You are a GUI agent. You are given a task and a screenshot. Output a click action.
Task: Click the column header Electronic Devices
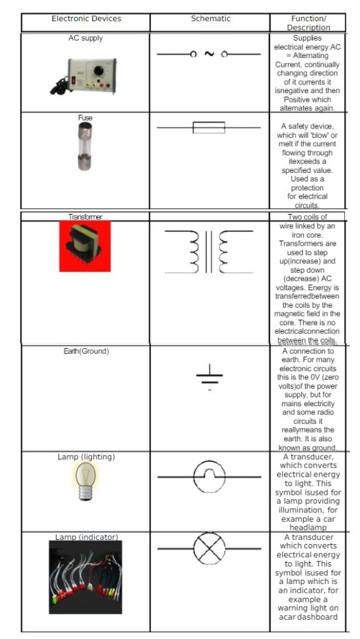86,19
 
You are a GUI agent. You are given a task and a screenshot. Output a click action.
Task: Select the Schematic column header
210,19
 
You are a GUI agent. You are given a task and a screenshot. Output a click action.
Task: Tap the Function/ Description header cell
308,23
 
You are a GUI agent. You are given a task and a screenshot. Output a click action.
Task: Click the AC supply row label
85,39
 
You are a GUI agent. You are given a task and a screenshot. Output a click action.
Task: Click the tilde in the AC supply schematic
209,54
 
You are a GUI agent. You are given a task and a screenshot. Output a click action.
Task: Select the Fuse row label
85,117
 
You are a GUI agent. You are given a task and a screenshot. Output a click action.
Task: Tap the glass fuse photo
85,147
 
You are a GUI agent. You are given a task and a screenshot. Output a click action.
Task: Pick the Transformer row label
85,217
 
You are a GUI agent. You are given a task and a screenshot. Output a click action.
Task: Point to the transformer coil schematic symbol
209,251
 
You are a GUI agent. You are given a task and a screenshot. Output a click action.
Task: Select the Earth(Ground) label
86,351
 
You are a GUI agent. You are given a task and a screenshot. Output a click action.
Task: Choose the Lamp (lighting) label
86,457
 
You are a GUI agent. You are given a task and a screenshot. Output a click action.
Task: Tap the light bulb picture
85,482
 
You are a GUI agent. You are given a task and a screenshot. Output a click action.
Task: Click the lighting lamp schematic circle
209,477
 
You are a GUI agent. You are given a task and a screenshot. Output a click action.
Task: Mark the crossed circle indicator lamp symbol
210,549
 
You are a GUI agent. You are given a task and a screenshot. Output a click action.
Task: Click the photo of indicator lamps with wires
85,577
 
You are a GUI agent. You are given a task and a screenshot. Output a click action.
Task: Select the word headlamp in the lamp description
308,528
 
